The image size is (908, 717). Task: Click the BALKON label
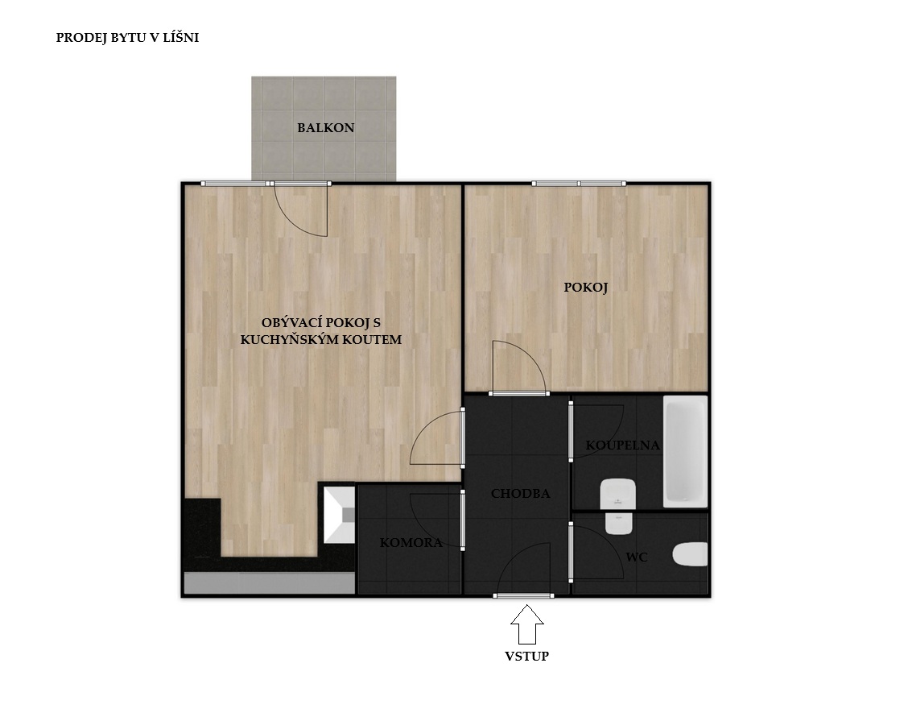(325, 127)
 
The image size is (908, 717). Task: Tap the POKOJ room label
(585, 287)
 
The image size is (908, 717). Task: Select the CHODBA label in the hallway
(520, 493)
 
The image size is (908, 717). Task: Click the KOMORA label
(411, 542)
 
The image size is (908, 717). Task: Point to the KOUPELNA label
(622, 446)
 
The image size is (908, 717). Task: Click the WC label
(637, 557)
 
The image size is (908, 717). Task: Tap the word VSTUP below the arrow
(526, 656)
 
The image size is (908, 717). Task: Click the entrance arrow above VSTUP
(527, 624)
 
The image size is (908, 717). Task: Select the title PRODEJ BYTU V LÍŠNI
(127, 38)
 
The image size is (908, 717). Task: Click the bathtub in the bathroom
(685, 451)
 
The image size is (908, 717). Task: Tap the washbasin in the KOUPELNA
(618, 493)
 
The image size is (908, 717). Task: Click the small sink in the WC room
(618, 523)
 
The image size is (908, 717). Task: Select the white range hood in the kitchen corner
(339, 515)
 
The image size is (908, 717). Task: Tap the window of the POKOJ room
(579, 184)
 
